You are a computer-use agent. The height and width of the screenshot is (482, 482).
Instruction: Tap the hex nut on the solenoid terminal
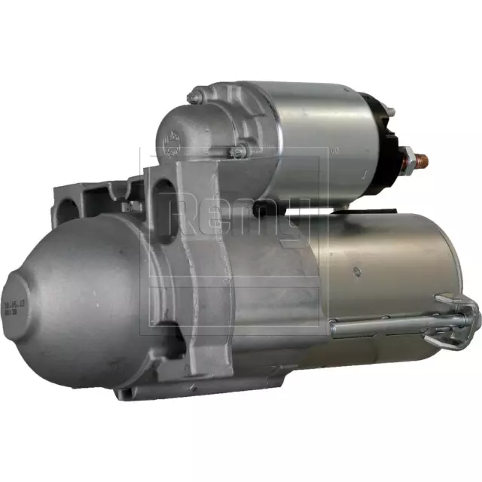click(407, 160)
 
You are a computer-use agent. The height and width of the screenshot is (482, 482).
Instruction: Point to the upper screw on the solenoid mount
click(194, 96)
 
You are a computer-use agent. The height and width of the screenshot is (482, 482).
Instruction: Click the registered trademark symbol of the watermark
click(334, 151)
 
